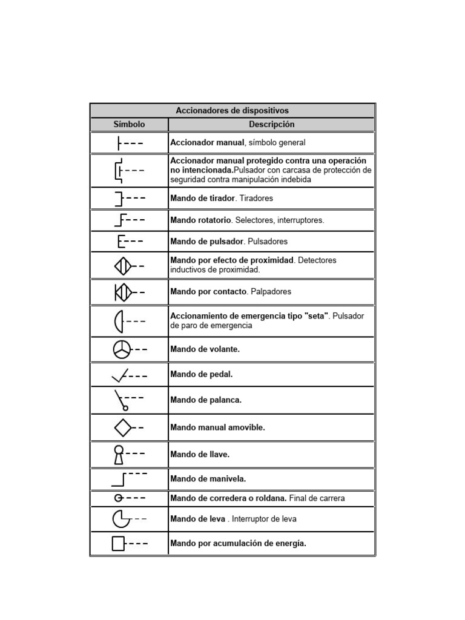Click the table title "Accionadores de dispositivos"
coord(232,110)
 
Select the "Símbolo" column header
coord(129,124)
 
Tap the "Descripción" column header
coord(271,124)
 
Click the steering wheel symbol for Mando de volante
coord(121,349)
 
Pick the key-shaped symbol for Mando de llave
coord(119,453)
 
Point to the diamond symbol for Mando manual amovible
coord(123,427)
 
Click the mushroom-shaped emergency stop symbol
coord(119,321)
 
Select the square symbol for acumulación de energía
coord(119,543)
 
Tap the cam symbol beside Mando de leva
coord(120,519)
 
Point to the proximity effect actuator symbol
coord(122,265)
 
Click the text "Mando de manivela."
coord(208,479)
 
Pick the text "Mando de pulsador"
coord(206,241)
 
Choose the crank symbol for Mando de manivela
coord(119,479)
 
